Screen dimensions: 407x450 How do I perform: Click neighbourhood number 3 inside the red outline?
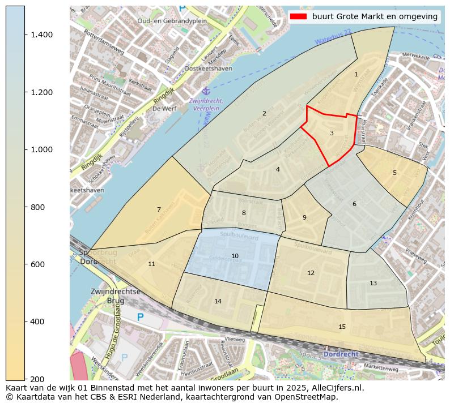[332, 133]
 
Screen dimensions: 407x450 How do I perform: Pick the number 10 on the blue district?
[235, 256]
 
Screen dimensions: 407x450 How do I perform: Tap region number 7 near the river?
[159, 209]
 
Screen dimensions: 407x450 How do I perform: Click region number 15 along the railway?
[342, 327]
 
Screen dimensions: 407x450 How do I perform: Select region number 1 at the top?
[356, 74]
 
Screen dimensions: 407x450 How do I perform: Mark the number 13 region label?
[373, 283]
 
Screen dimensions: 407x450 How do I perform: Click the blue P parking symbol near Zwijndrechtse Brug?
[140, 317]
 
